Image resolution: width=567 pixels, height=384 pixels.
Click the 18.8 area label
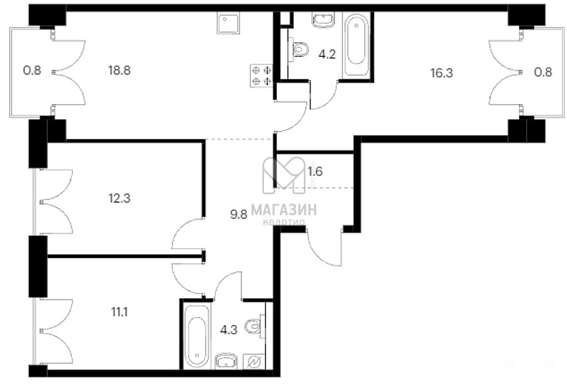pyautogui.click(x=119, y=71)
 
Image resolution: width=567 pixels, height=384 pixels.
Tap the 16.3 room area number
pyautogui.click(x=441, y=73)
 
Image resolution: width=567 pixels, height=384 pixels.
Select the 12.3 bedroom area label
pyautogui.click(x=119, y=199)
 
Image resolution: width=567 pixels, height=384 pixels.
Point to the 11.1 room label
pyautogui.click(x=119, y=311)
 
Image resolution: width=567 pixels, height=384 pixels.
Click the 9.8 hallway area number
pyautogui.click(x=238, y=215)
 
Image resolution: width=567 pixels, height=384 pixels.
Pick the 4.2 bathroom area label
pyautogui.click(x=327, y=55)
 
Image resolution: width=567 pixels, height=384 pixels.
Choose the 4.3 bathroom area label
pyautogui.click(x=229, y=330)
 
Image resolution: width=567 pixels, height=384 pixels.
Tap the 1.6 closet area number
pyautogui.click(x=315, y=172)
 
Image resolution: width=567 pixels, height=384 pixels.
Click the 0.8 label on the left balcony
pyautogui.click(x=32, y=71)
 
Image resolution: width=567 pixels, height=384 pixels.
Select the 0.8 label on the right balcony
pyautogui.click(x=543, y=72)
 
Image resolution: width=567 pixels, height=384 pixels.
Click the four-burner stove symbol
pyautogui.click(x=261, y=76)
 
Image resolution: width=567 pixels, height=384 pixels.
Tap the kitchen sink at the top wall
pyautogui.click(x=228, y=23)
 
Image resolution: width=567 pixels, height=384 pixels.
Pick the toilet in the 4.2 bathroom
pyautogui.click(x=299, y=49)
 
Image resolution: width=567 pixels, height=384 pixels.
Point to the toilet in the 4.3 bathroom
pyautogui.click(x=255, y=327)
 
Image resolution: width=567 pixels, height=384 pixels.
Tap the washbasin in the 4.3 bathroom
pyautogui.click(x=227, y=361)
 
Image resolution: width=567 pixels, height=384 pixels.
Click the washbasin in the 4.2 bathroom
pyautogui.click(x=323, y=20)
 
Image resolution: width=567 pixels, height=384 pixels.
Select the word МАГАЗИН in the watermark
pyautogui.click(x=283, y=209)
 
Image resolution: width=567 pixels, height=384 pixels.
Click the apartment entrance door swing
pyautogui.click(x=324, y=248)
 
